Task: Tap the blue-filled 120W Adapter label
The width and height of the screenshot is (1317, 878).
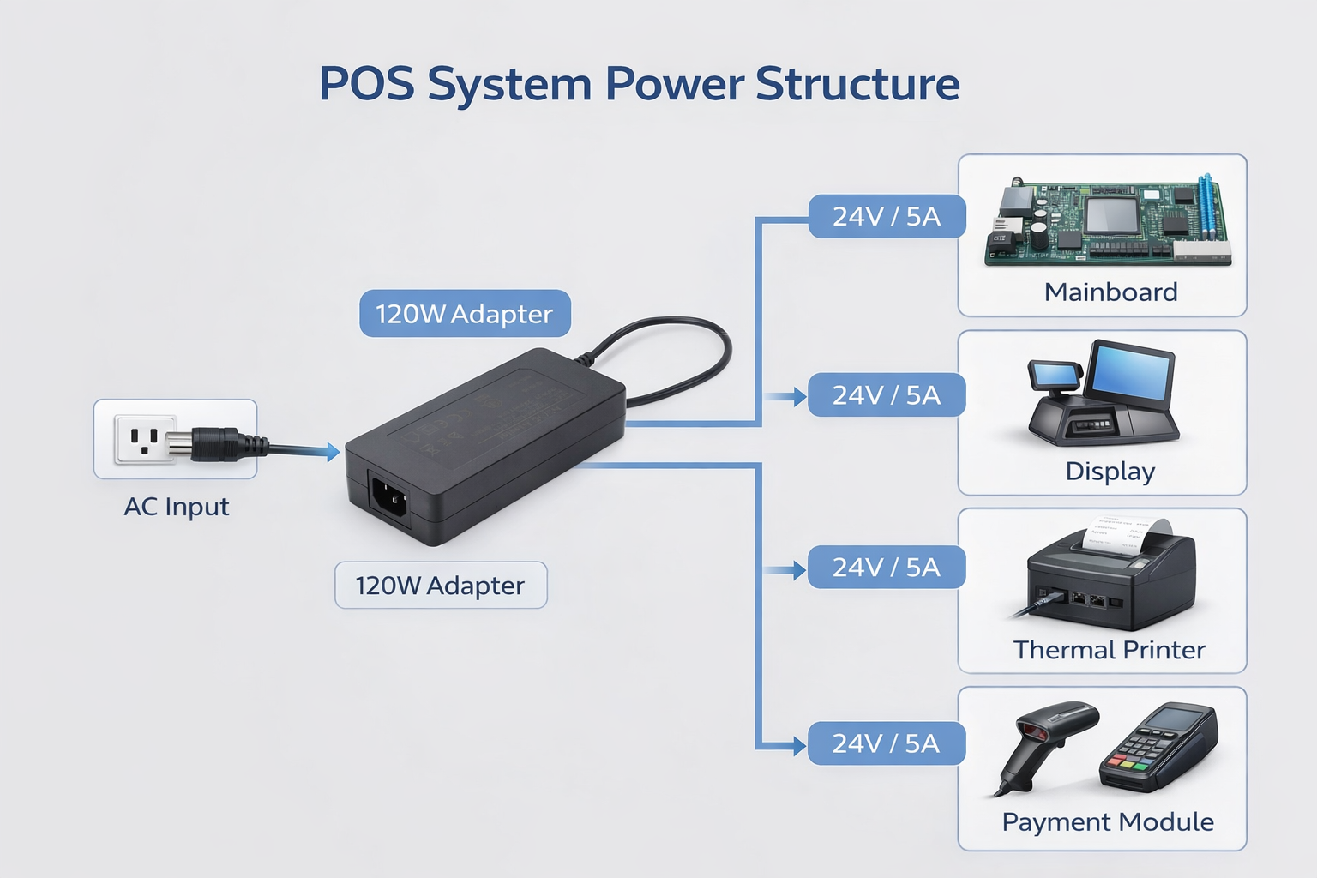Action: click(x=465, y=314)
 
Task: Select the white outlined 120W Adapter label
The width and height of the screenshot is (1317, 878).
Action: click(x=440, y=586)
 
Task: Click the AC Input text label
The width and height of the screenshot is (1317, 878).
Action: click(x=177, y=507)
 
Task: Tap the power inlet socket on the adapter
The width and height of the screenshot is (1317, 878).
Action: click(x=388, y=497)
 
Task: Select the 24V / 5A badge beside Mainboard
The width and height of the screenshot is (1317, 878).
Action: click(x=887, y=217)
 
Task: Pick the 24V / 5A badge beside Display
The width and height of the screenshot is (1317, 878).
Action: click(x=887, y=395)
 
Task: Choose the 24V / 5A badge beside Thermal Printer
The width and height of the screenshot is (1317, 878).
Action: click(x=887, y=568)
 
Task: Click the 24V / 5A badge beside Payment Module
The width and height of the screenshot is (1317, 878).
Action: click(x=887, y=743)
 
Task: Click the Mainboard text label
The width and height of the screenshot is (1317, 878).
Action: click(x=1110, y=292)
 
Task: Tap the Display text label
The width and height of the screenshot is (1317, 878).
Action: click(x=1110, y=472)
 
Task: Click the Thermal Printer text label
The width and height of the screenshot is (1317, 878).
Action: click(x=1109, y=650)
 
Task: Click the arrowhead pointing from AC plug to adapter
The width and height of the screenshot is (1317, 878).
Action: click(x=333, y=451)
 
